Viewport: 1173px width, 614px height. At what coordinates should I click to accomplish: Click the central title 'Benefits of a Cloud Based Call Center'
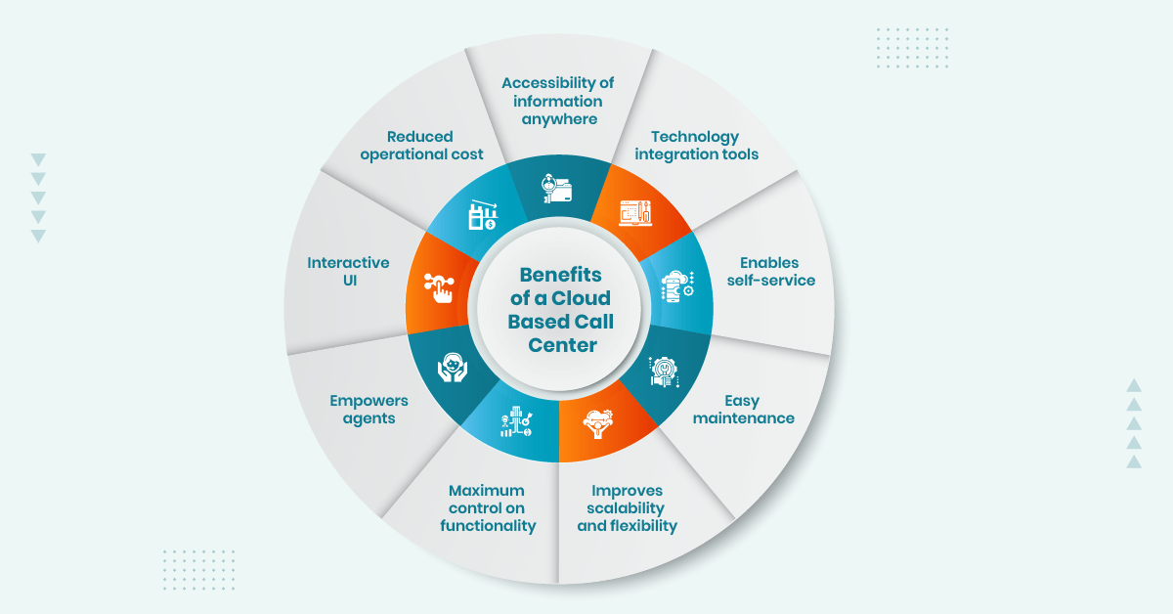pyautogui.click(x=561, y=310)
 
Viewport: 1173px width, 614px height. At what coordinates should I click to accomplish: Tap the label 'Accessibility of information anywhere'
pyautogui.click(x=557, y=102)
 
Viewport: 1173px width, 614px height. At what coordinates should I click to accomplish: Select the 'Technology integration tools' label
pyautogui.click(x=696, y=146)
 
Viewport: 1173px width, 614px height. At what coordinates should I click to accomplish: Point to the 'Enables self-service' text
pyautogui.click(x=769, y=272)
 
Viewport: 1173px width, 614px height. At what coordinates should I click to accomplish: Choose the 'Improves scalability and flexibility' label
pyautogui.click(x=627, y=508)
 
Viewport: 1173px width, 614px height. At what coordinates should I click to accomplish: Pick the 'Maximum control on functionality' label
pyautogui.click(x=487, y=508)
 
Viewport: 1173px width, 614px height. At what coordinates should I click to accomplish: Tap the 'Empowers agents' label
pyautogui.click(x=369, y=410)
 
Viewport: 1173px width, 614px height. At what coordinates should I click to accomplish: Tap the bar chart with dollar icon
pyautogui.click(x=483, y=215)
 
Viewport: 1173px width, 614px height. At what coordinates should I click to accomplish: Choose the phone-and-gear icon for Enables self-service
pyautogui.click(x=677, y=285)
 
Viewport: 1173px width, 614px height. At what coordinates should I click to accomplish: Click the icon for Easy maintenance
pyautogui.click(x=664, y=373)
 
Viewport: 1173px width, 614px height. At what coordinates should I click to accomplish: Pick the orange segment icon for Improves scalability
pyautogui.click(x=596, y=422)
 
